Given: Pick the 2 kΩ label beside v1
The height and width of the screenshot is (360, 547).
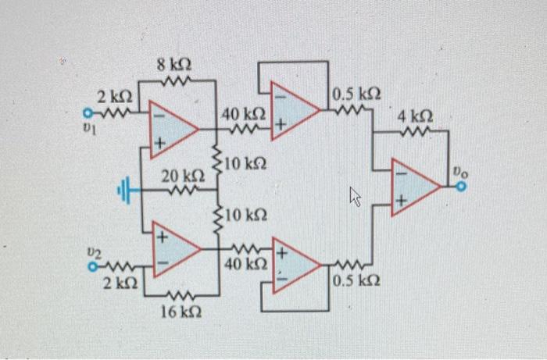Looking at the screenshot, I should pos(114,97).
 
